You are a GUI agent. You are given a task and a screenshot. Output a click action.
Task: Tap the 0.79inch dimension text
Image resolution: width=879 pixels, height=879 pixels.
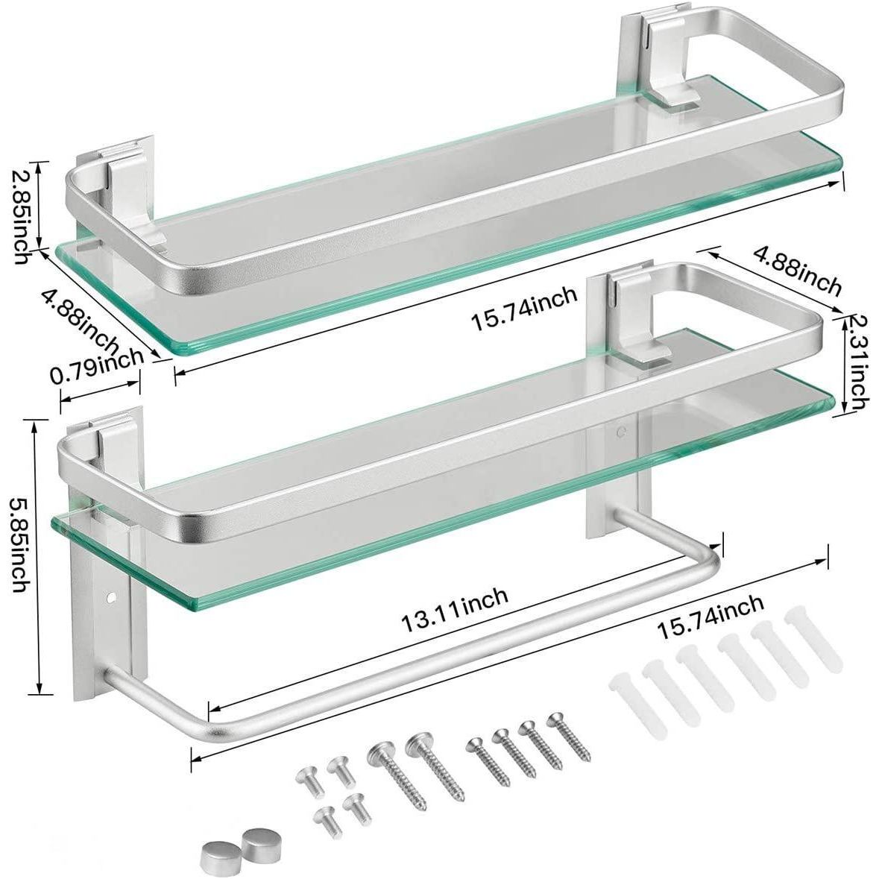click(x=97, y=365)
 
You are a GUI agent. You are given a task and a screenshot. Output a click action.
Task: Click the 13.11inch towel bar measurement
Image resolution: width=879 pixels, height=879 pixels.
click(x=455, y=609)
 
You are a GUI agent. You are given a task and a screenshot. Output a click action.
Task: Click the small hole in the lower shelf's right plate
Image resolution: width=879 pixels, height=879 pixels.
click(x=620, y=431)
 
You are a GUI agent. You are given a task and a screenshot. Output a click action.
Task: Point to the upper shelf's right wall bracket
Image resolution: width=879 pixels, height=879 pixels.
click(x=646, y=57)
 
